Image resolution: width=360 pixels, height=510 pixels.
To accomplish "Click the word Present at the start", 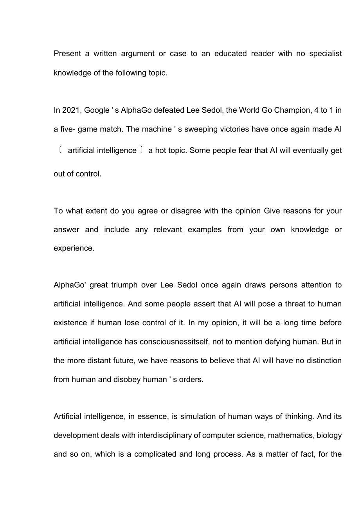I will point(67,54).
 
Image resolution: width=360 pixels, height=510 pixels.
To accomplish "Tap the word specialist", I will point(325,54).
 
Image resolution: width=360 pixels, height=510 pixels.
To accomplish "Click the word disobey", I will point(124,379).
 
